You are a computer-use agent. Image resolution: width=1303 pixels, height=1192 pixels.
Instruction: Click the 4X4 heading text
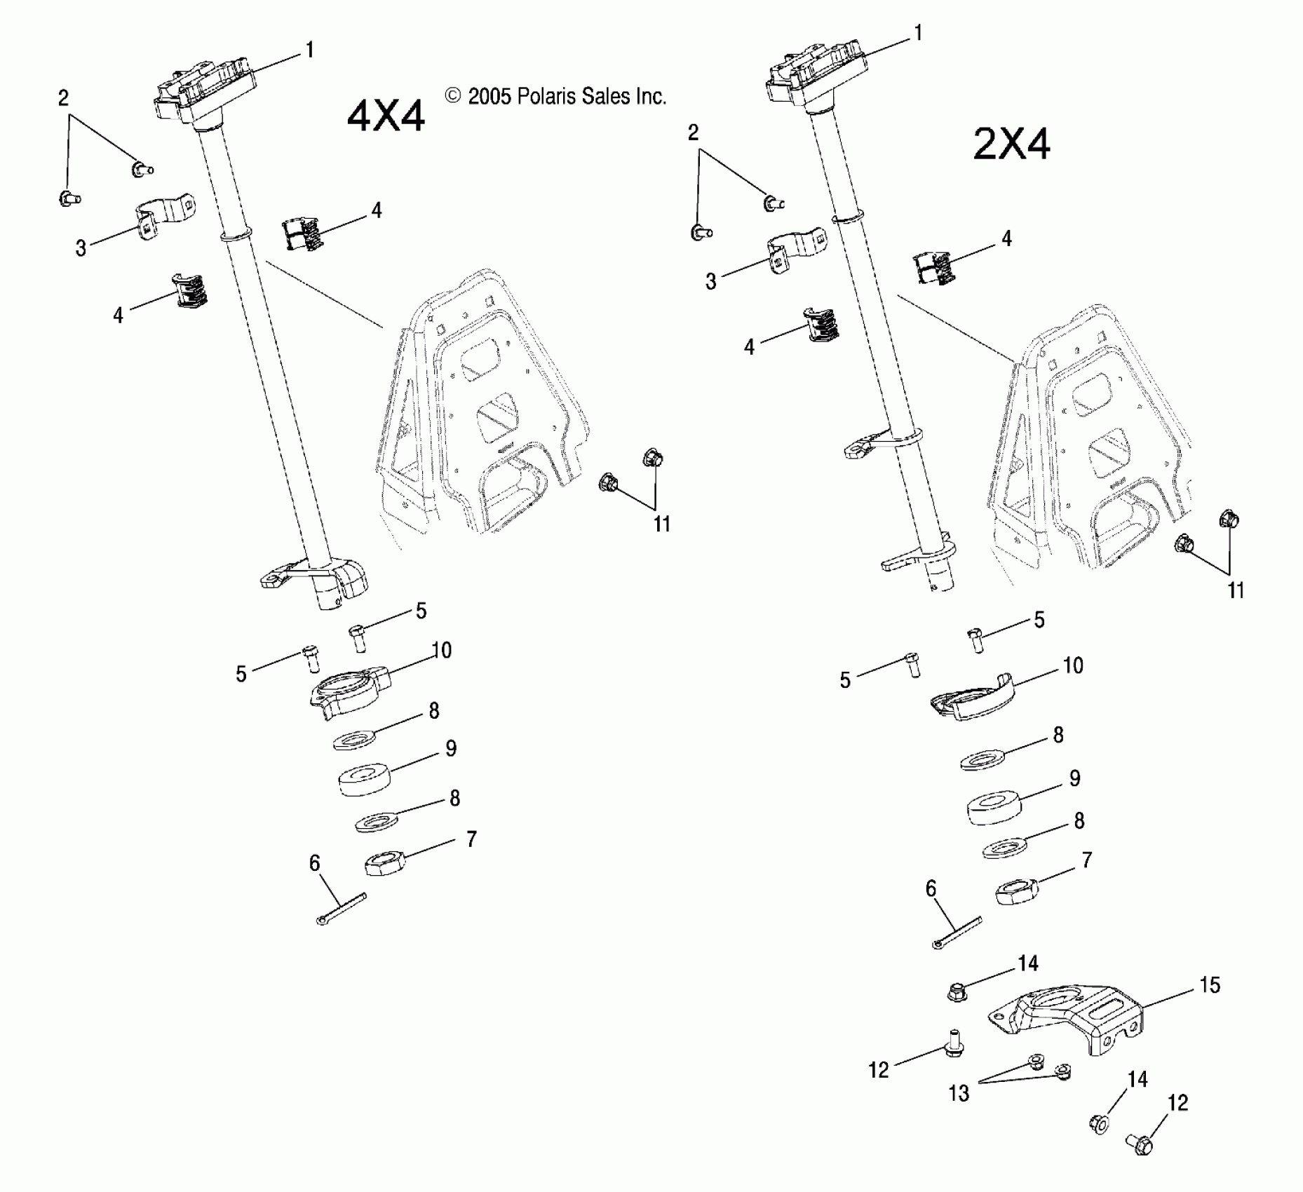(386, 116)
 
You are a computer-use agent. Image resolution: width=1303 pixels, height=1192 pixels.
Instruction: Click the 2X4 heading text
(1011, 146)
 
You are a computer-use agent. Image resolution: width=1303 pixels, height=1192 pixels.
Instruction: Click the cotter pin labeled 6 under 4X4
(341, 909)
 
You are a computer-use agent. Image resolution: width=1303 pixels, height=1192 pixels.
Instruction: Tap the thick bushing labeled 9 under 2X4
(995, 807)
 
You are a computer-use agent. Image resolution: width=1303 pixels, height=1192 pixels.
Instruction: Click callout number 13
(958, 1093)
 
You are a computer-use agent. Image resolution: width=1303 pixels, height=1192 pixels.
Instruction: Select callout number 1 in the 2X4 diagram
(918, 33)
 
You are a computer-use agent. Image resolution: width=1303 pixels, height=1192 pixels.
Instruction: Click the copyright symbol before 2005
(453, 96)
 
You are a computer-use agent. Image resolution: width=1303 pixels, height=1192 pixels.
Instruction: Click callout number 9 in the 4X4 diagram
(451, 748)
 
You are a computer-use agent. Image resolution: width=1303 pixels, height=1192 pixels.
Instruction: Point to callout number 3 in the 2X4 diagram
(711, 281)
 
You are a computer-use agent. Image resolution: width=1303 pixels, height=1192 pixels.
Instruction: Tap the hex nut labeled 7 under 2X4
(1016, 891)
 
